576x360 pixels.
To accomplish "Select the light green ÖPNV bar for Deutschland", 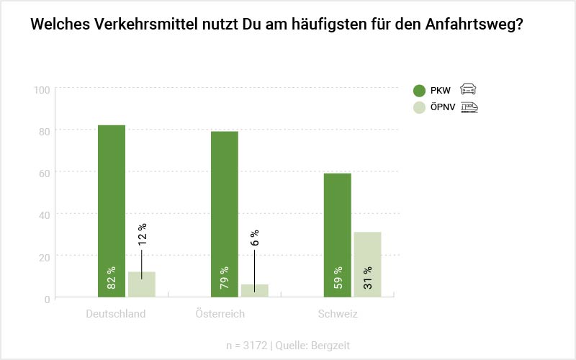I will pos(141,284).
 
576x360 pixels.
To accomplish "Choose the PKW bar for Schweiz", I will pos(338,235).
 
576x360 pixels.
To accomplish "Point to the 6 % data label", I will pos(255,238).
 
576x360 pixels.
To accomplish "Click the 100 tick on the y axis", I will pos(41,89).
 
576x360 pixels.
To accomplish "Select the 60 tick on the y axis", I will pos(43,173).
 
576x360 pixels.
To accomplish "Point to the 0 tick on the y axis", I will pos(46,298).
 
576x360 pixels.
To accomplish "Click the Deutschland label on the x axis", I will pos(115,314).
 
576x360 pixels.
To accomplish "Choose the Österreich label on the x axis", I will pos(220,314).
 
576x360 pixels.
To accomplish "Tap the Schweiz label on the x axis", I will pos(338,314).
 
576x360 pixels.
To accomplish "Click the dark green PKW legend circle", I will pos(420,90).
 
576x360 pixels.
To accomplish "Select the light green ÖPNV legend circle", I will pos(420,108).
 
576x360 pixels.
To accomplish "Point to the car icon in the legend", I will pos(468,89).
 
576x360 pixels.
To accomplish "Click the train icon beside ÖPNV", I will pos(469,107).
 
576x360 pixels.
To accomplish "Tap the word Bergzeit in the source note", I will pos(330,346).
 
